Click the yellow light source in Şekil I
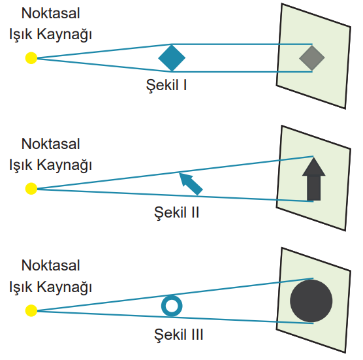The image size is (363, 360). click(x=31, y=58)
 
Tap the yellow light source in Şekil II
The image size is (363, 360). click(x=31, y=189)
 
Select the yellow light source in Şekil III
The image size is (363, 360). click(x=31, y=310)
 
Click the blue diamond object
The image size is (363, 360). click(x=172, y=58)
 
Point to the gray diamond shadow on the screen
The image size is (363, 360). click(x=312, y=58)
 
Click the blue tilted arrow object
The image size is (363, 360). click(x=191, y=184)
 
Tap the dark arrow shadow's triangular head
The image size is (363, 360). click(x=313, y=167)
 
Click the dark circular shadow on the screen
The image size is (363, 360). click(x=311, y=301)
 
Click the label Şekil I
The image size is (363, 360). click(x=166, y=85)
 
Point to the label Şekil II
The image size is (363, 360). click(x=176, y=212)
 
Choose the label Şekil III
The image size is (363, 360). click(x=178, y=335)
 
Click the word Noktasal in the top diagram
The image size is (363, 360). click(x=50, y=13)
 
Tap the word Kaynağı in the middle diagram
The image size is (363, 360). click(x=65, y=165)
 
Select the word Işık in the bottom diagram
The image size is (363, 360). click(x=20, y=287)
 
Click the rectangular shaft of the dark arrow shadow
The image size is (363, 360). click(x=313, y=188)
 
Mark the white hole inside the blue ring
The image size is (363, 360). click(x=172, y=306)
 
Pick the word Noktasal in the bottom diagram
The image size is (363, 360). click(x=50, y=265)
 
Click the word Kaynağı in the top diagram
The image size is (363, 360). click(x=65, y=35)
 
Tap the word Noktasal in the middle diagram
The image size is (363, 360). click(x=50, y=144)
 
